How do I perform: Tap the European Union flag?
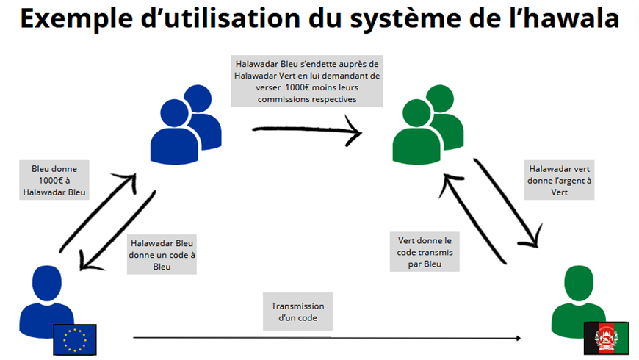[x=74, y=338]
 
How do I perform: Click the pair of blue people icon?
[x=187, y=118]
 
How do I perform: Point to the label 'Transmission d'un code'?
[x=297, y=312]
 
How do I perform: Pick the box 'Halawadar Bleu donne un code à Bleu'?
[x=161, y=254]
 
